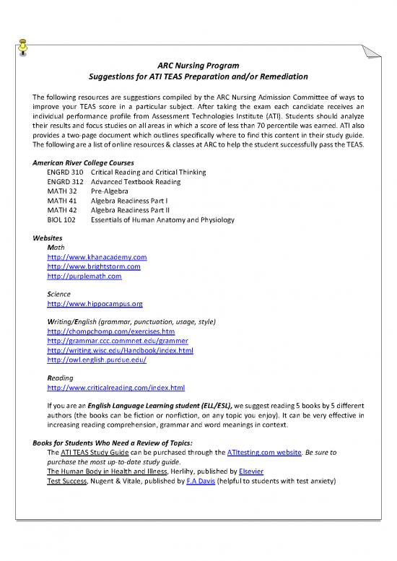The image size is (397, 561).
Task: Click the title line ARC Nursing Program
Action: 198,64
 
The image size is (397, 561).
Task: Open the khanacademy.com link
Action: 97,257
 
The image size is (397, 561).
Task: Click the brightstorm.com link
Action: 93,266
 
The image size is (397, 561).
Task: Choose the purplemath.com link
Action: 84,276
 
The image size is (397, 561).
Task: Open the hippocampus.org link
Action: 95,304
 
